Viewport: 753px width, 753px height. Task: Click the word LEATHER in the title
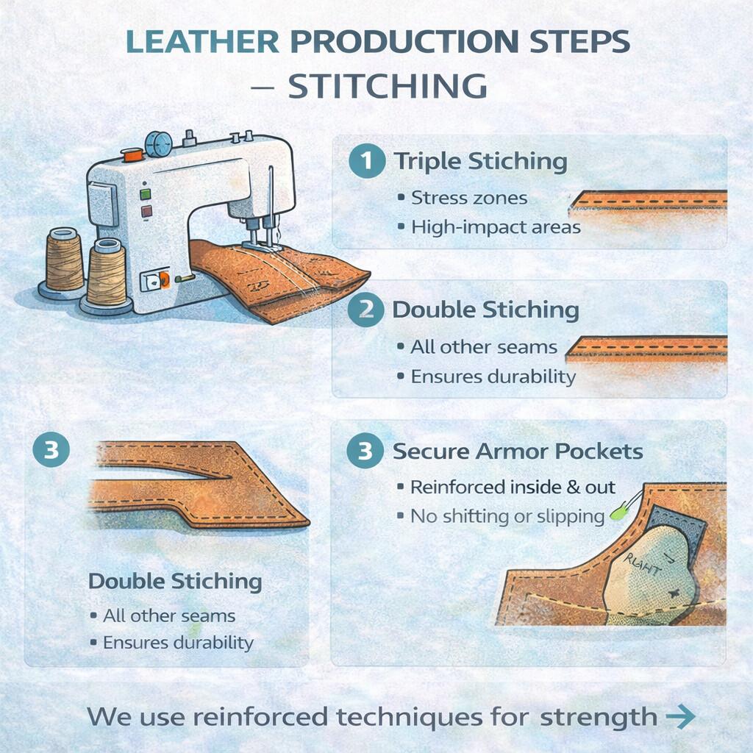click(x=202, y=41)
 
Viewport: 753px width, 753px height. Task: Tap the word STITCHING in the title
click(x=388, y=87)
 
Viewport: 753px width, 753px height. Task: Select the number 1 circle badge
click(x=367, y=161)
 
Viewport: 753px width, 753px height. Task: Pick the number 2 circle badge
click(x=366, y=310)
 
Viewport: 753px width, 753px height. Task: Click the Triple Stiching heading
click(x=481, y=161)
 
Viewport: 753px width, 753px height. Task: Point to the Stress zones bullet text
click(x=469, y=198)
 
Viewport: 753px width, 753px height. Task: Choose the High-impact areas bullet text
click(x=496, y=227)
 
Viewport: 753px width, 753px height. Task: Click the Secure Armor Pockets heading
click(x=518, y=452)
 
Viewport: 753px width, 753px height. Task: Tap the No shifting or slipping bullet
click(x=507, y=517)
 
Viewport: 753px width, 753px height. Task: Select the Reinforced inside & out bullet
click(x=513, y=487)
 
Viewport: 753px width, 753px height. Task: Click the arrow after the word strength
click(x=681, y=716)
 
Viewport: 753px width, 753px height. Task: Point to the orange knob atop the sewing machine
click(x=132, y=154)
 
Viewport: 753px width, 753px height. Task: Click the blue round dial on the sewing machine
click(x=159, y=144)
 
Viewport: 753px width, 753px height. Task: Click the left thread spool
click(x=65, y=263)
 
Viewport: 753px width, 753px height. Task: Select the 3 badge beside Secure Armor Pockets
click(x=365, y=451)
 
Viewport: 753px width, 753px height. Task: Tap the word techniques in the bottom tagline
click(x=410, y=718)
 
